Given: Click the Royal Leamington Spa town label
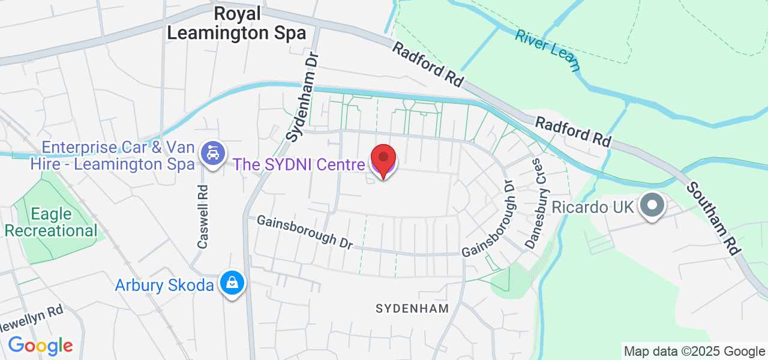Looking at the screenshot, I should (x=236, y=23).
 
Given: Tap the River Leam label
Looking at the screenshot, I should (x=547, y=49).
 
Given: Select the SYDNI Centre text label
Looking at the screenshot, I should (x=298, y=164).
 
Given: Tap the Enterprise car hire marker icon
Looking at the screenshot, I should (x=212, y=154).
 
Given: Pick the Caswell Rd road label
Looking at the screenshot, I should (x=203, y=217).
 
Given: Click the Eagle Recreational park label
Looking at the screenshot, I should (x=51, y=223).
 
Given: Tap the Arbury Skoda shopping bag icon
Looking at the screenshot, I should (x=231, y=282).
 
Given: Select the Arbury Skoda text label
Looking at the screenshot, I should (x=164, y=285).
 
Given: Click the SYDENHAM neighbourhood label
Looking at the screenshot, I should (x=412, y=308).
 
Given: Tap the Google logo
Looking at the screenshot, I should (x=40, y=346).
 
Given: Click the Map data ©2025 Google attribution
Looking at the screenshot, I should (x=694, y=352).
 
